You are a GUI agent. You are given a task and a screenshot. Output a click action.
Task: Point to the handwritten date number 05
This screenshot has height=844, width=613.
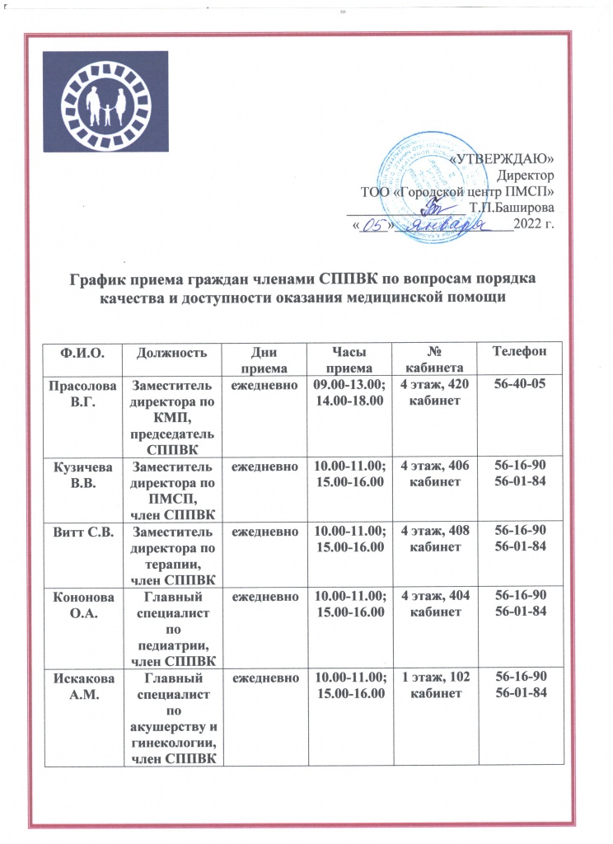click(x=375, y=224)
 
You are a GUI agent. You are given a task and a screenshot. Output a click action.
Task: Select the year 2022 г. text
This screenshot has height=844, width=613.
click(x=533, y=223)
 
